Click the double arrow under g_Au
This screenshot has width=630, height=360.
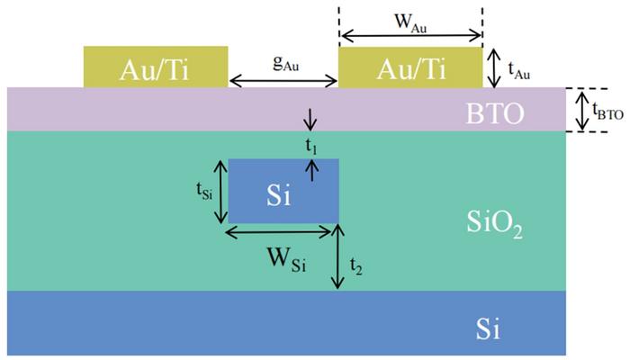[x=283, y=83]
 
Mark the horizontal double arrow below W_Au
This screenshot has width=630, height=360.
[x=411, y=38]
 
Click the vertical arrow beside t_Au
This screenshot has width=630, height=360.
[x=491, y=67]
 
